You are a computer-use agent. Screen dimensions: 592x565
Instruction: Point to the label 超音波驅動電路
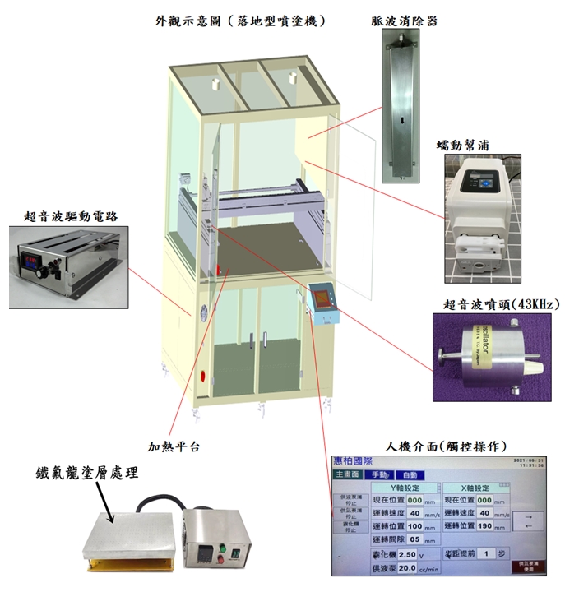point(70,215)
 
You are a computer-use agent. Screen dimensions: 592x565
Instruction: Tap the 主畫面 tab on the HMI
point(347,474)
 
